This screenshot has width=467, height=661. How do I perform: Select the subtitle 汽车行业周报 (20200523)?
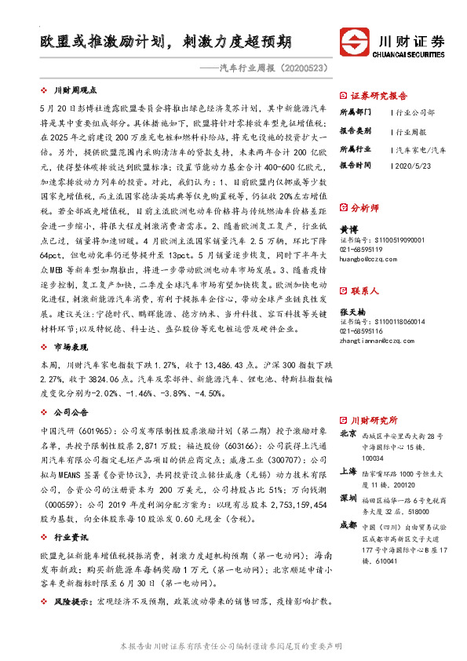coord(270,68)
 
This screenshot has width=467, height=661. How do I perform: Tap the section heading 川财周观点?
coord(75,89)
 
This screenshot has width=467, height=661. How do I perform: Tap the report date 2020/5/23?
coord(410,166)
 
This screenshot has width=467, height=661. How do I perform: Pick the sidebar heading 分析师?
coord(365,208)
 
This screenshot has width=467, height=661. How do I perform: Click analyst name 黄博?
coord(348,228)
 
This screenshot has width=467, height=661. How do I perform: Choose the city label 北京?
coord(348,433)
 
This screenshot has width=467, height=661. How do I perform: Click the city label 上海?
coord(348,472)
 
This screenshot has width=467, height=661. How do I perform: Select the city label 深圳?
coord(348,498)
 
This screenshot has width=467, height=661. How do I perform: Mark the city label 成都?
coord(348,525)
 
